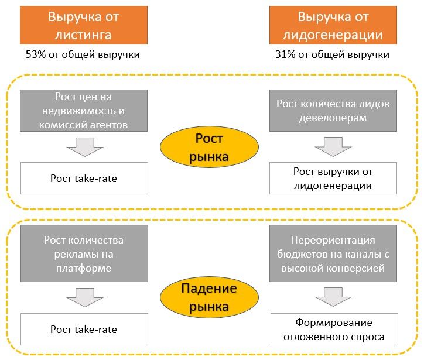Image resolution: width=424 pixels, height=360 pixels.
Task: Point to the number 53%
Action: [x=35, y=55]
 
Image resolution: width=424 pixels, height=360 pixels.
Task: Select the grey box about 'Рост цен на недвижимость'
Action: [x=83, y=110]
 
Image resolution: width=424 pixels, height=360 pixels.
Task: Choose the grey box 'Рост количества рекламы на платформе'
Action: [x=83, y=254]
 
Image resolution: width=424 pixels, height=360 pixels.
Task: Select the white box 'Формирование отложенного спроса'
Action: [x=334, y=330]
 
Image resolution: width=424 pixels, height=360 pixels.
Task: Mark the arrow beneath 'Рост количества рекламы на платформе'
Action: [x=83, y=298]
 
